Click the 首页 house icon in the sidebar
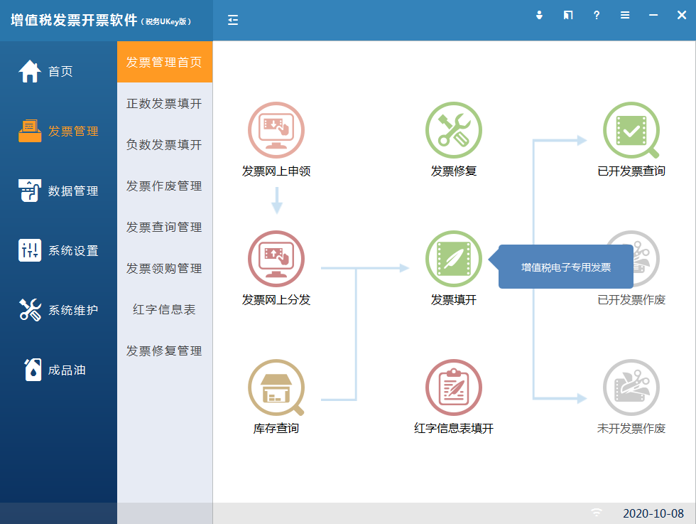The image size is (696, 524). click(x=30, y=71)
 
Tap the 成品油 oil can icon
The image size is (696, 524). click(x=33, y=370)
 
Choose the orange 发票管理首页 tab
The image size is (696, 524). click(x=165, y=62)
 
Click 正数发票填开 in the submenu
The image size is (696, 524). click(x=164, y=104)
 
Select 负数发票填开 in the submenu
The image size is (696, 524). click(x=164, y=145)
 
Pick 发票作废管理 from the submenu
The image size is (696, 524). click(x=164, y=186)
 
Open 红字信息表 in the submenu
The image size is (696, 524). click(x=164, y=310)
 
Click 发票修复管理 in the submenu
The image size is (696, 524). click(x=164, y=351)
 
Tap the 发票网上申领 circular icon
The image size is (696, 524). click(x=276, y=130)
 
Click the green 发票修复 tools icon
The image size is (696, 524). click(x=454, y=130)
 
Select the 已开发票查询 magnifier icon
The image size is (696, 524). click(x=631, y=130)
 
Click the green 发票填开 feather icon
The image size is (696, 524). click(x=454, y=259)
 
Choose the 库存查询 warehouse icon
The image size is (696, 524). click(x=276, y=387)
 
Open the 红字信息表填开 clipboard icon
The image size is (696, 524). click(x=454, y=387)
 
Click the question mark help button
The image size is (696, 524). click(x=597, y=15)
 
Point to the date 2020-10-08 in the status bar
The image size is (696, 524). click(x=653, y=513)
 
